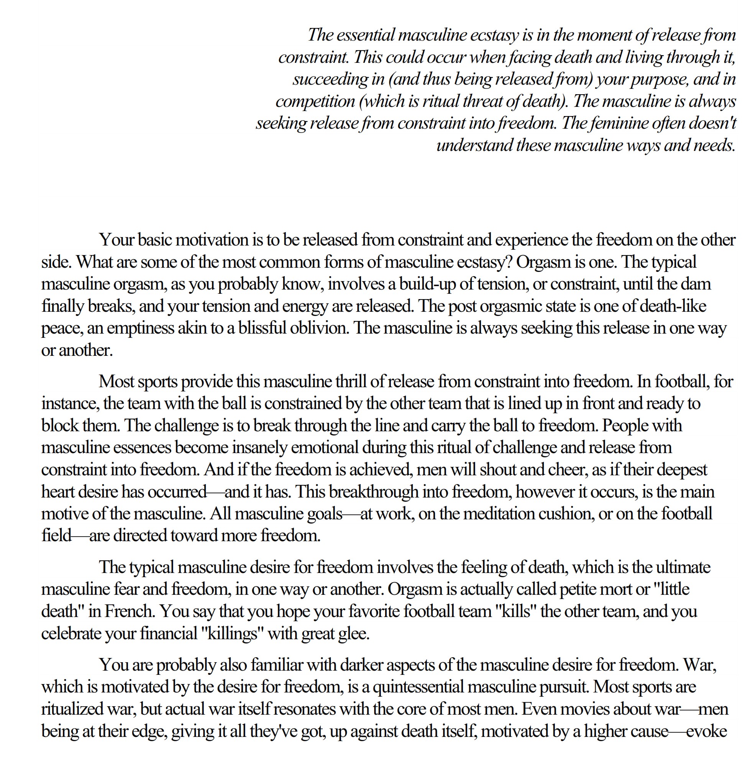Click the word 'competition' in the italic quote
315,101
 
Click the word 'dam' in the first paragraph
699,284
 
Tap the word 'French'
129,611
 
